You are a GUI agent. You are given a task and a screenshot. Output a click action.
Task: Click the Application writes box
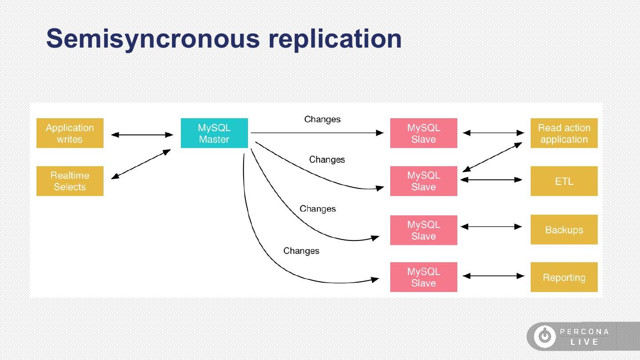tap(70, 133)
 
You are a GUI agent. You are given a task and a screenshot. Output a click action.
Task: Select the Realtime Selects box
tap(70, 181)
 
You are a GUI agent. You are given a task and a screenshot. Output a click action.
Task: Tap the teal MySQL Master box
tap(214, 133)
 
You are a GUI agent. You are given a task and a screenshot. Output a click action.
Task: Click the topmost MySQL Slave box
tap(424, 133)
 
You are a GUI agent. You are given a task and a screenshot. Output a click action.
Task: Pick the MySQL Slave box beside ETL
tap(424, 181)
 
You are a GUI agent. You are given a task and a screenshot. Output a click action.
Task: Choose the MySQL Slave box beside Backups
tap(424, 230)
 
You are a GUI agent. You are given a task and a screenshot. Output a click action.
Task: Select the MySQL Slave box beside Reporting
tap(424, 277)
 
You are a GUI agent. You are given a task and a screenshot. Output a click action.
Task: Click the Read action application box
tap(564, 133)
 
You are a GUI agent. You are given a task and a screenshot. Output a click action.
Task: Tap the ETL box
tap(564, 181)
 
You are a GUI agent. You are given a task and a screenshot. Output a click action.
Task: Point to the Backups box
tap(564, 230)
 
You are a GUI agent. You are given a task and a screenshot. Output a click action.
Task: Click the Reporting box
tap(564, 277)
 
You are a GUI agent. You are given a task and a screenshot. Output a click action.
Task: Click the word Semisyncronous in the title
tap(153, 40)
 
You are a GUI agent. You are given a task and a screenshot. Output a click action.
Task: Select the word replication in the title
tap(335, 40)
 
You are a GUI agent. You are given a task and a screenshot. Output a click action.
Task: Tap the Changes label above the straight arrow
tap(322, 120)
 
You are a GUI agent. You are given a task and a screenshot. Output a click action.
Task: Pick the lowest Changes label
tap(301, 251)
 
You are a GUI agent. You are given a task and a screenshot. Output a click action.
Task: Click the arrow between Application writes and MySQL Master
tap(142, 135)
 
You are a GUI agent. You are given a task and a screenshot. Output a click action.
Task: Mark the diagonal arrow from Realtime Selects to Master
tap(141, 164)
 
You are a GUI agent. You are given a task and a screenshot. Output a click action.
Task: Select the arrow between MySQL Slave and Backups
tap(492, 227)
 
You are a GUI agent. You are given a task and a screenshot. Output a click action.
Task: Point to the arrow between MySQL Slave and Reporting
tap(493, 276)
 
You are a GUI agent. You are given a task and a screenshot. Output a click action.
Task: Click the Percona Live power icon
tap(545, 336)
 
